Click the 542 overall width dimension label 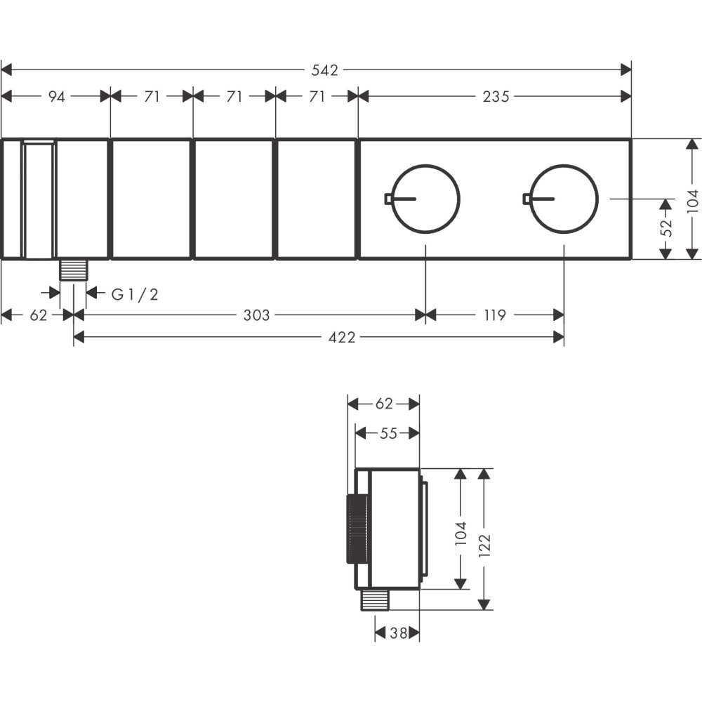coord(325,70)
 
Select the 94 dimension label coord(56,96)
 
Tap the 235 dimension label coord(496,96)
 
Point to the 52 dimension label coord(667,227)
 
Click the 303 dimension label coord(256,315)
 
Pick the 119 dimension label coord(495,315)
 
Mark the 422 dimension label coord(342,337)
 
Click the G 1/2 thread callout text coord(135,294)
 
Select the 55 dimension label coord(388,433)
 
